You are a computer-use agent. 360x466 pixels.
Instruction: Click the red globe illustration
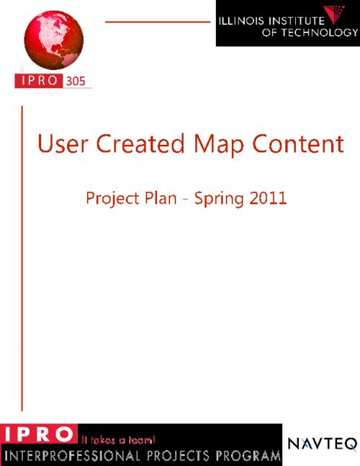pos(54,40)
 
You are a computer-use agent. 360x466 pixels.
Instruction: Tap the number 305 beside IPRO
pos(76,81)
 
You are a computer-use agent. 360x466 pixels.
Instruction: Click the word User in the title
pos(63,143)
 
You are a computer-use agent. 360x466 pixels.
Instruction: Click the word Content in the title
pos(298,143)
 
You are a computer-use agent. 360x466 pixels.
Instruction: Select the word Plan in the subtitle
pos(161,197)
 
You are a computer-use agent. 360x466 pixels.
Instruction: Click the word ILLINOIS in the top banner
pos(241,21)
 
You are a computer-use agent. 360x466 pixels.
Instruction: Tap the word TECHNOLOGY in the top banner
pos(319,32)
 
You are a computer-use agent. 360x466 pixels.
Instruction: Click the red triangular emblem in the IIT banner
pos(335,14)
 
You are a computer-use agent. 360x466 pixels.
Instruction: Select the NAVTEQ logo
pos(323,444)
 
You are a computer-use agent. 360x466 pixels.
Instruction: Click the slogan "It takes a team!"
pos(119,439)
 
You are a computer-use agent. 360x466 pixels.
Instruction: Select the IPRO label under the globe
pos(39,81)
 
